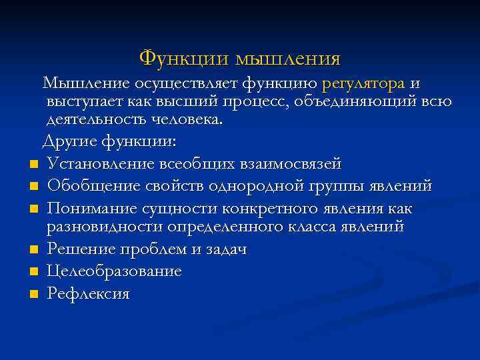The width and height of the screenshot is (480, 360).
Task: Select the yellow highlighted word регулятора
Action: [x=363, y=84]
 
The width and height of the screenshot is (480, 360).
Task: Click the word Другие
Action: [x=70, y=142]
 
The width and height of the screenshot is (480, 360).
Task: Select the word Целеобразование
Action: [x=114, y=272]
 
